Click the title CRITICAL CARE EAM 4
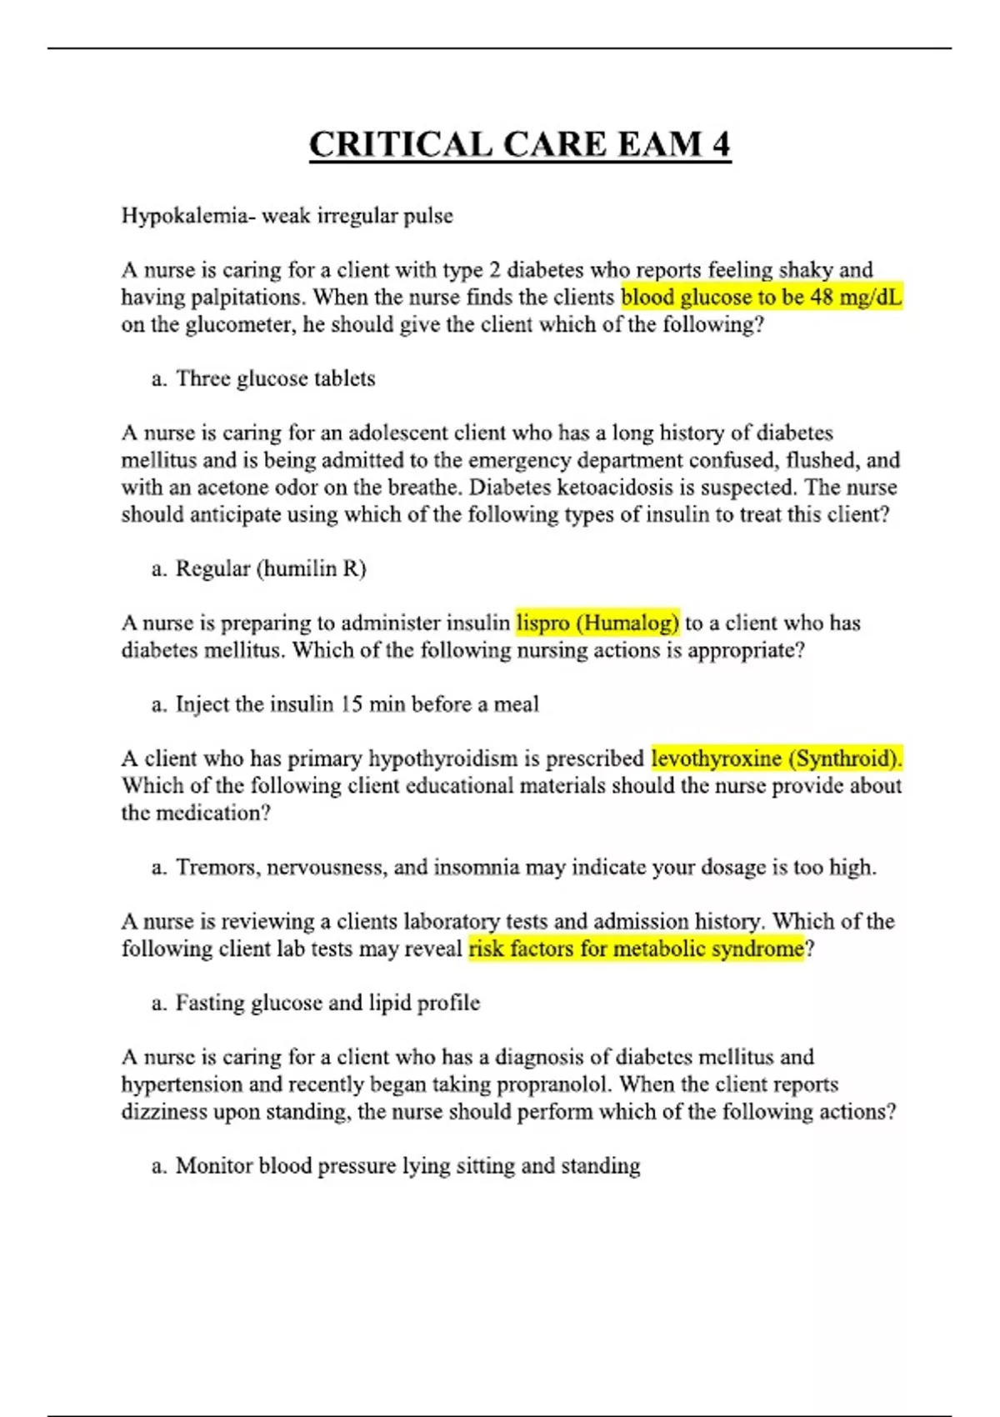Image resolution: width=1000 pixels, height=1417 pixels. coord(520,144)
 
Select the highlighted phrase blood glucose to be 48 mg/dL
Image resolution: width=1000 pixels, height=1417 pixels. coord(762,298)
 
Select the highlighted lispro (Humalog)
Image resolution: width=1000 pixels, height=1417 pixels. coord(597,623)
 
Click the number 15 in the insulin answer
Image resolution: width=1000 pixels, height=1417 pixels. coord(351,704)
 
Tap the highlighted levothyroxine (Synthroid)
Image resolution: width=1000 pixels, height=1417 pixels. coord(777,759)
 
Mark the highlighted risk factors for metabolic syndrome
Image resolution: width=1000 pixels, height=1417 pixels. coord(637,949)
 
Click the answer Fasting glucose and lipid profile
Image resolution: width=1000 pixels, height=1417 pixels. coord(327,1003)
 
